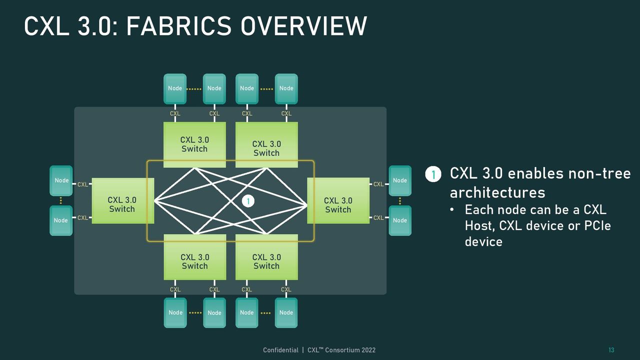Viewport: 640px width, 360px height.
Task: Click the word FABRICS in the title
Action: (178, 26)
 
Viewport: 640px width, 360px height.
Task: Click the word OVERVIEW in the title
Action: (303, 26)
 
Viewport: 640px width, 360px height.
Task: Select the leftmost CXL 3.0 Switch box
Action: (123, 201)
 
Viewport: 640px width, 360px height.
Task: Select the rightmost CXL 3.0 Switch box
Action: (338, 200)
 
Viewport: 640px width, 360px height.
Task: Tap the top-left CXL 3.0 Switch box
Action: (194, 144)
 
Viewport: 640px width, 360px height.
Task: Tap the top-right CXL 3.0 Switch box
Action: (266, 144)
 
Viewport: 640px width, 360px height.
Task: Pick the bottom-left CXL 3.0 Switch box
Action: (195, 257)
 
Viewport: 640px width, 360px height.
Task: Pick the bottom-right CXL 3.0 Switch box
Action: (266, 257)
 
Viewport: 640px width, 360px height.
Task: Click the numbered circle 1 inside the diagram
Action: (248, 201)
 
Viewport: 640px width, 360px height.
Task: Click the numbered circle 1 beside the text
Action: (433, 174)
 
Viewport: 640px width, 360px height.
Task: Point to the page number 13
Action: (611, 350)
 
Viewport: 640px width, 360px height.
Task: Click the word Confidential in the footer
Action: (280, 350)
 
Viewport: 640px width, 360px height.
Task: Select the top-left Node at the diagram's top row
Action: (175, 89)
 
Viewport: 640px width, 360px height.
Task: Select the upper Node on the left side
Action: (61, 180)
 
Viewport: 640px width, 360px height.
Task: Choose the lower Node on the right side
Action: (400, 220)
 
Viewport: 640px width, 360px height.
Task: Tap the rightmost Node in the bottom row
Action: (286, 313)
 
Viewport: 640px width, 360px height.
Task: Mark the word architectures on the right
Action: (497, 192)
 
